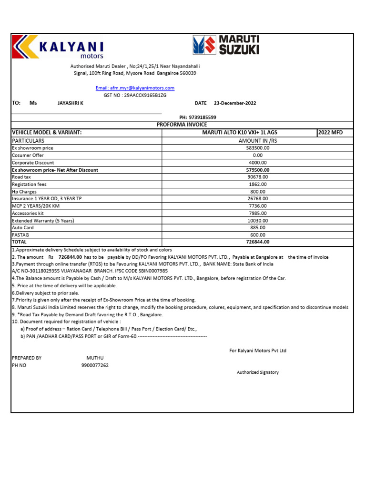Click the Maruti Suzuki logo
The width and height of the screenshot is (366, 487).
point(225,45)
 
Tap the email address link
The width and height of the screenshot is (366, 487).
point(135,88)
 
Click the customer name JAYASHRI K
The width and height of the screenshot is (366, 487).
point(70,103)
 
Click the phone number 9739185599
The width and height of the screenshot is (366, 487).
point(203,117)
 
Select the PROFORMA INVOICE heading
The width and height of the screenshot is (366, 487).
point(182,125)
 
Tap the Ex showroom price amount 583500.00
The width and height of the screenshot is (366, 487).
point(258,148)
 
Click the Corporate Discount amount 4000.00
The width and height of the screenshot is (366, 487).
point(258,163)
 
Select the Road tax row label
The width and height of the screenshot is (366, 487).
point(22,177)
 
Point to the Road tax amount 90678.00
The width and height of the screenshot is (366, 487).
point(258,177)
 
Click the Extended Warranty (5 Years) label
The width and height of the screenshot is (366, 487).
point(43,221)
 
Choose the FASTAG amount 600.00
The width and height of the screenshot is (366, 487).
point(258,235)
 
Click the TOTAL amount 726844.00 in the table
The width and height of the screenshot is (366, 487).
point(258,242)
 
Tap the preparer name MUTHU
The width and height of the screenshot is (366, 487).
point(95,358)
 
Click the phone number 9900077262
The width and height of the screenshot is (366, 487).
point(95,365)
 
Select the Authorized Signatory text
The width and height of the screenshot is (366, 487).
point(258,372)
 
